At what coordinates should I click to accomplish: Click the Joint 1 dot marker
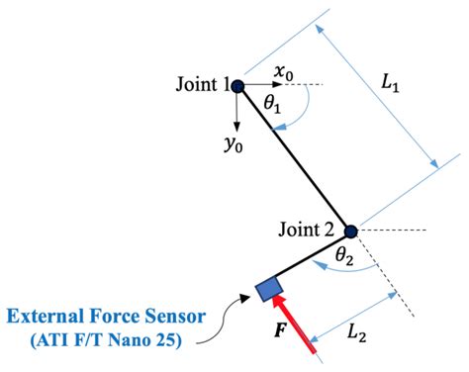237,86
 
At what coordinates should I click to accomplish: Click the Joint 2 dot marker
349,232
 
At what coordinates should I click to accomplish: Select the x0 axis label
284,72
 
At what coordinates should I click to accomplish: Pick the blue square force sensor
268,289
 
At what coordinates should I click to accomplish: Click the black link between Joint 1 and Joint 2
294,159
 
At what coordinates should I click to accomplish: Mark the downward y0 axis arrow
237,113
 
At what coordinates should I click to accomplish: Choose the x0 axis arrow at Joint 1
262,86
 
